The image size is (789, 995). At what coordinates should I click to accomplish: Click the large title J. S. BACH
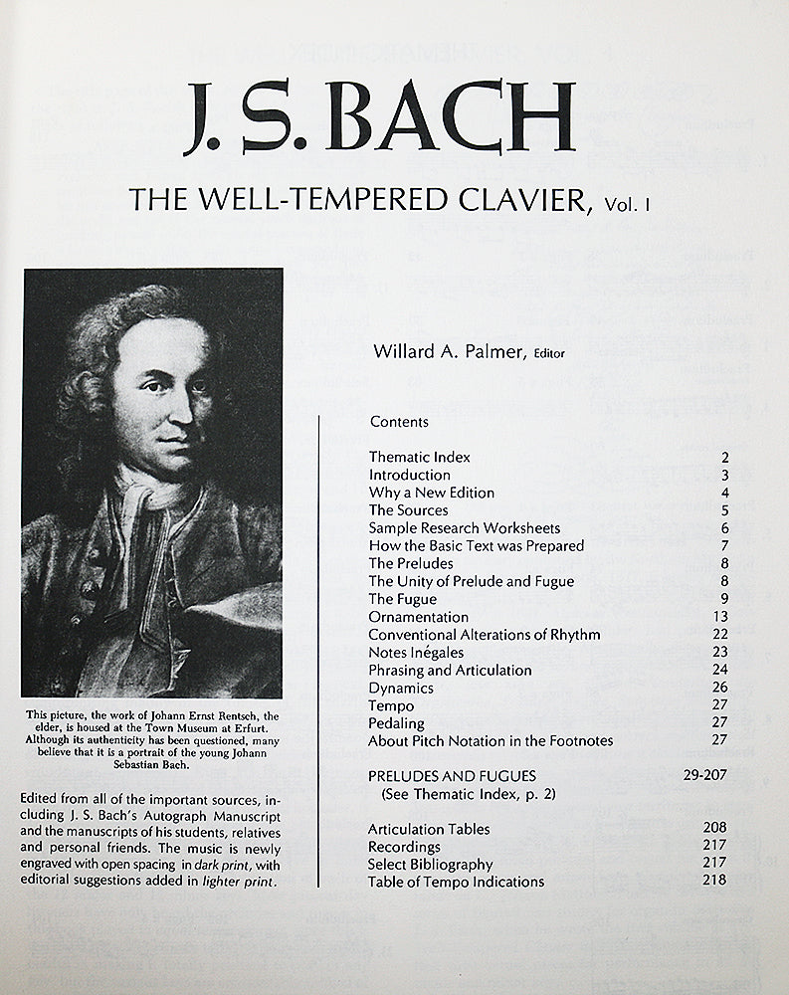(x=380, y=117)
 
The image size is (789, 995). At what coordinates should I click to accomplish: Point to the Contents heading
(x=399, y=421)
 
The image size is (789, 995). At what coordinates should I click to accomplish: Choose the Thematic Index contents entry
(x=419, y=457)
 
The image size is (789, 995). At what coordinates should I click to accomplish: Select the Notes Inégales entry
(x=415, y=653)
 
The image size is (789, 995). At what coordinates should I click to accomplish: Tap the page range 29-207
(x=705, y=775)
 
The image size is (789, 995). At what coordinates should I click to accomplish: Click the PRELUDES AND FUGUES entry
(x=452, y=776)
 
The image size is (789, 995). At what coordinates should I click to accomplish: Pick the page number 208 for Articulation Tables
(x=714, y=827)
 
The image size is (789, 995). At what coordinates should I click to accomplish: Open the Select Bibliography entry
(x=430, y=864)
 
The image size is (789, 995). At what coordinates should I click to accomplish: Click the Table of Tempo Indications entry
(x=456, y=882)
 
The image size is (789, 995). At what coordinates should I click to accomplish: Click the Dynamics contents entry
(x=401, y=688)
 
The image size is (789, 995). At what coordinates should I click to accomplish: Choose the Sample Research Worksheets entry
(x=465, y=528)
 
